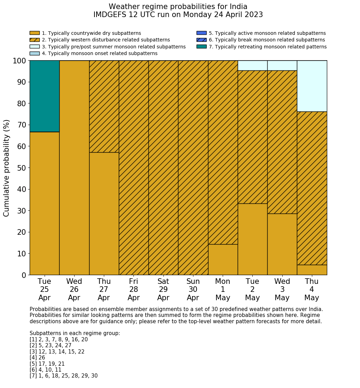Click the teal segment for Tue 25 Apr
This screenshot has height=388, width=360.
tap(44, 96)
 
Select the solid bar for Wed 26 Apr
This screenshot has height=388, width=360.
tap(74, 168)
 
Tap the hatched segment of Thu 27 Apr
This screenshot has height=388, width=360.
tap(104, 106)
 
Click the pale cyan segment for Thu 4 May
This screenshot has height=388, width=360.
tap(312, 86)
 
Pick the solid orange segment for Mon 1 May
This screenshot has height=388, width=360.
tap(223, 259)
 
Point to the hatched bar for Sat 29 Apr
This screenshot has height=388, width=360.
tap(163, 168)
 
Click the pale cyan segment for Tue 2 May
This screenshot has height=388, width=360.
tap(252, 65)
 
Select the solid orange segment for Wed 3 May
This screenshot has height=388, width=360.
tap(282, 244)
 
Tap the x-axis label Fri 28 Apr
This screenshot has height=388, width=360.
tap(133, 289)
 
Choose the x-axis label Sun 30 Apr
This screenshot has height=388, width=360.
tap(193, 289)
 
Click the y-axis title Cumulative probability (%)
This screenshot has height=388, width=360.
tap(7, 168)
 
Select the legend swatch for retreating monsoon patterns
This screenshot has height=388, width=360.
tap(201, 47)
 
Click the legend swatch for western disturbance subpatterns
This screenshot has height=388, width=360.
tap(35, 40)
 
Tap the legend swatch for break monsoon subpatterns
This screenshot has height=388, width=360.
tap(201, 40)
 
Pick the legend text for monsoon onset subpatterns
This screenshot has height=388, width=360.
tap(99, 53)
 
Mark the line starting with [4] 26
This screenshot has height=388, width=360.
tap(37, 358)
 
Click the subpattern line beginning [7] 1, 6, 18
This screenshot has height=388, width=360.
tap(63, 376)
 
